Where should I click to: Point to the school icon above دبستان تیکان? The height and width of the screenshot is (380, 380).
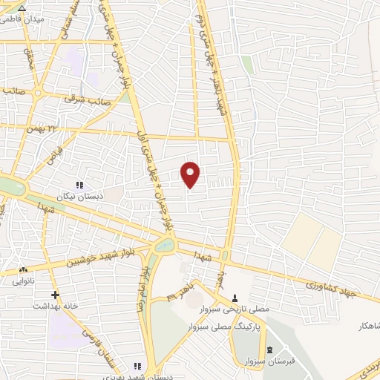click(x=79, y=185)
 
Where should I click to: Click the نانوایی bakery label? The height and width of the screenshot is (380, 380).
click(x=22, y=281)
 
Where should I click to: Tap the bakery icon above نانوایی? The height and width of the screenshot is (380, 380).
click(x=24, y=270)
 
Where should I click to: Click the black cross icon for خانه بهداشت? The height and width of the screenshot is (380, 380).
click(x=55, y=295)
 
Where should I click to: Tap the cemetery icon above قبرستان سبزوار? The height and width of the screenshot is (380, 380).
click(x=269, y=350)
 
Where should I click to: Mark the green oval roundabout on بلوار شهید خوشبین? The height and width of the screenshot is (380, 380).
click(x=165, y=245)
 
